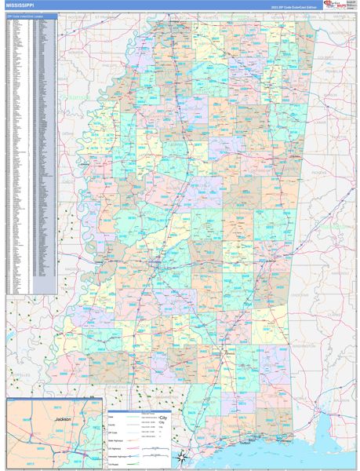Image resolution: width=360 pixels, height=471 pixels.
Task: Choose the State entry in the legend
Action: click(x=111, y=416)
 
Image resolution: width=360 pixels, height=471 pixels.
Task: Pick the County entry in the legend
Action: click(x=112, y=425)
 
